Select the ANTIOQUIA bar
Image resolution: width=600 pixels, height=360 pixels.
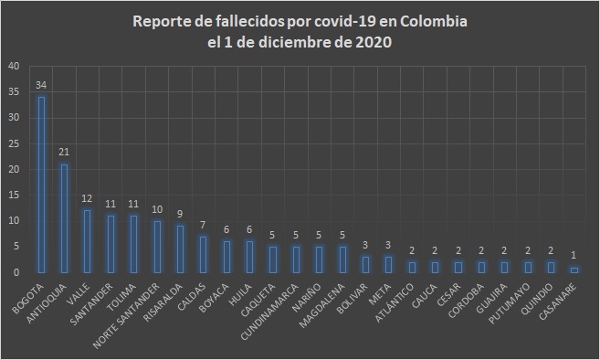[x=64, y=218]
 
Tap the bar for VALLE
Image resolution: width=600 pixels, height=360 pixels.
[x=88, y=241]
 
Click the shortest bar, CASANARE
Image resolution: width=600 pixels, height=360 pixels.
[x=574, y=270]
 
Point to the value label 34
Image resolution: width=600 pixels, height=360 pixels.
[x=41, y=85]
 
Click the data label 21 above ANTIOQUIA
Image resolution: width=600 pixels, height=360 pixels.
[x=64, y=153]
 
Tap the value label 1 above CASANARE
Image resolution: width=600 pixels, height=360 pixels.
[x=574, y=256]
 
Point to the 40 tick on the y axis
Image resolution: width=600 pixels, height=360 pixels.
[x=13, y=67]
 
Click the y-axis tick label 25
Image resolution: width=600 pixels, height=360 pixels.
[x=13, y=143]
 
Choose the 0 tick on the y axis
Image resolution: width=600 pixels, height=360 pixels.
[x=16, y=272]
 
